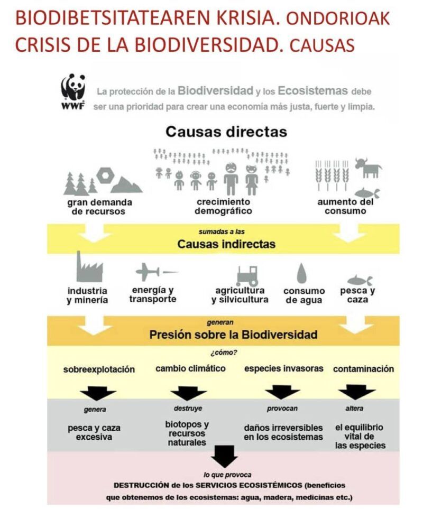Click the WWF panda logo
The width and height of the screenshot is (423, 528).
73,90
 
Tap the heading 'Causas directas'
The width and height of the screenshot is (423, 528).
226,131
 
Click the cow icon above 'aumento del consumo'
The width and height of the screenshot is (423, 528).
368,168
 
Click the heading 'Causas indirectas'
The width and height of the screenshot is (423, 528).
226,244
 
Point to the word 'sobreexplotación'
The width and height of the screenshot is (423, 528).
99,369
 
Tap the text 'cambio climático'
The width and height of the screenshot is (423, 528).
190,368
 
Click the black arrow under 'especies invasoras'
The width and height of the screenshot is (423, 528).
282,392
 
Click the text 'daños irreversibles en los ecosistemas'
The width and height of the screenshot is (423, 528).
283,432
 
